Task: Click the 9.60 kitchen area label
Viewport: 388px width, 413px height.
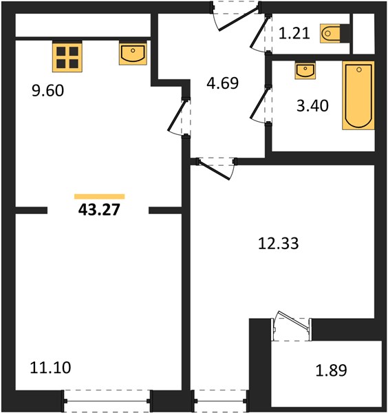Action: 47,91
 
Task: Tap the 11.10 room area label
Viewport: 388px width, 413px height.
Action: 50,368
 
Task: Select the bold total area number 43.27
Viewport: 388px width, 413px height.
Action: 99,210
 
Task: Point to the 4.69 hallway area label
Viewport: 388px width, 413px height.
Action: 223,83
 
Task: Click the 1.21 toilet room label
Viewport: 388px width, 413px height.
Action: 294,34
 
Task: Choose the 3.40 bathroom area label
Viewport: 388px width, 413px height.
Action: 312,106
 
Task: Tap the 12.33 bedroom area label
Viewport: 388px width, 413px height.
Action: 278,244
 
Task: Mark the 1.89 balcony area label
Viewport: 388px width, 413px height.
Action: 331,370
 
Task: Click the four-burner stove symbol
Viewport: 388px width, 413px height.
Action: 67,57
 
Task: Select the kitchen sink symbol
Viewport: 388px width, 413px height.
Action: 133,54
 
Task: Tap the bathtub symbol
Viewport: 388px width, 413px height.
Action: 358,96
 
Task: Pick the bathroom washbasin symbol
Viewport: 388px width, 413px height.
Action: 305,71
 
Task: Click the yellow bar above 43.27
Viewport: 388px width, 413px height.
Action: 100,196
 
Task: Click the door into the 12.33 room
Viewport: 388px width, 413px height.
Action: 215,169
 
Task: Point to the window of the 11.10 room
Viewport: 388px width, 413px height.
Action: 107,401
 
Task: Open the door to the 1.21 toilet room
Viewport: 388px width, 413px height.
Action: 260,33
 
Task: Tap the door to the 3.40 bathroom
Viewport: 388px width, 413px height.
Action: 260,105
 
